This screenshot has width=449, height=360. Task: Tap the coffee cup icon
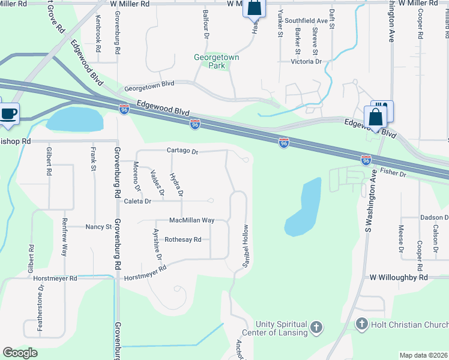9,113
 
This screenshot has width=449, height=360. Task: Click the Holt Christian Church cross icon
361,325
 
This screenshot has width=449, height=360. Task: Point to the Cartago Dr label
182,151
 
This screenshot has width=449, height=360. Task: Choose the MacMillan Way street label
191,220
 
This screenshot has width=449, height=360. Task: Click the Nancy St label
98,227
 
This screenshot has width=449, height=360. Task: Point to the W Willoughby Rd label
399,278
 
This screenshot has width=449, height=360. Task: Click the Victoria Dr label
306,61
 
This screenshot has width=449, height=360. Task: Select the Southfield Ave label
310,20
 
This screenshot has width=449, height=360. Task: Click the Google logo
20,353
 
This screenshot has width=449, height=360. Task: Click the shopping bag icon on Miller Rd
253,8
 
